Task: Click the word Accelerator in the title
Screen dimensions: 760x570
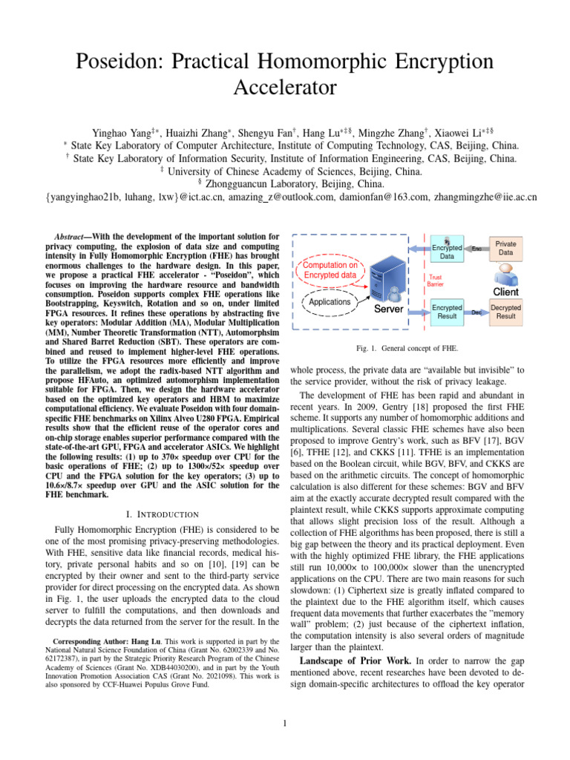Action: point(286,88)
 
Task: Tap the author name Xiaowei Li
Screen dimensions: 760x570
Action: point(462,132)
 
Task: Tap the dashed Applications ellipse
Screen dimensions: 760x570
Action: point(330,303)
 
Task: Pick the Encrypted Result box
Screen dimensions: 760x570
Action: point(446,311)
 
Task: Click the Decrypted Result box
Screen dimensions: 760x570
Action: point(505,311)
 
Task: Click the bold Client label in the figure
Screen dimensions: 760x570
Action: point(501,291)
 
